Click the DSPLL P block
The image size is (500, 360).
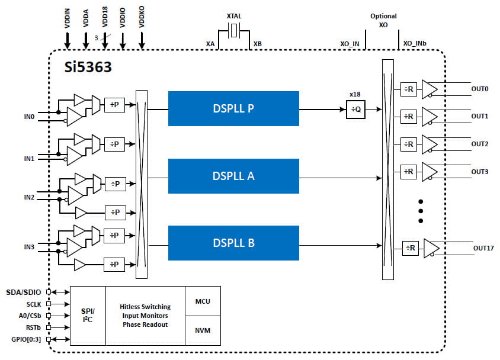[233, 108]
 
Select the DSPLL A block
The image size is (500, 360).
[233, 176]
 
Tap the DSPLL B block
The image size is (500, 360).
[233, 243]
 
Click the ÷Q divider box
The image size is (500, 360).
[355, 110]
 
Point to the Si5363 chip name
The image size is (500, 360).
[88, 66]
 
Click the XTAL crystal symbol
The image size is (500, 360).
[234, 31]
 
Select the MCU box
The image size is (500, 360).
[203, 301]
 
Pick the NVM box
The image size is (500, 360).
[203, 330]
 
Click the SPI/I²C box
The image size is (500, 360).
[88, 316]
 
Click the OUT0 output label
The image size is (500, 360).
[480, 89]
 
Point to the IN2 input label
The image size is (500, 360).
[28, 196]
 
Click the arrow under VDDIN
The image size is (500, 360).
[67, 40]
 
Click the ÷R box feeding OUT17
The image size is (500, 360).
[410, 248]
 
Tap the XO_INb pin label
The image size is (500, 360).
[415, 44]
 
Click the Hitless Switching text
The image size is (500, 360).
[145, 307]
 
